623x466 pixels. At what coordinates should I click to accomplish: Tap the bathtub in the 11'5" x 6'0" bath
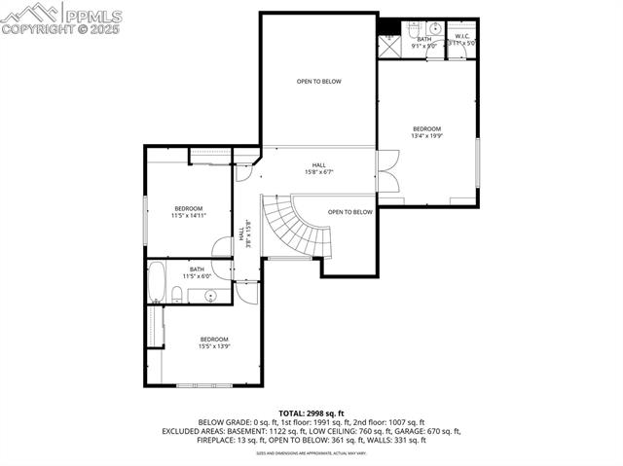[x=158, y=282]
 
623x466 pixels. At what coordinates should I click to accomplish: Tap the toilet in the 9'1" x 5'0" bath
[x=413, y=28]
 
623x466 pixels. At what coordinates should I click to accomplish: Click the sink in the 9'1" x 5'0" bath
[x=434, y=28]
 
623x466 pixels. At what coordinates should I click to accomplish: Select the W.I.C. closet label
[x=461, y=36]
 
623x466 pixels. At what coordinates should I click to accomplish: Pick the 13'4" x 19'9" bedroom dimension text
[x=426, y=137]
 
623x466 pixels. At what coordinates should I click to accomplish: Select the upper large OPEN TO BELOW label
[x=318, y=82]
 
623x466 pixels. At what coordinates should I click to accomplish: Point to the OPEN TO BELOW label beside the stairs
[x=349, y=212]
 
